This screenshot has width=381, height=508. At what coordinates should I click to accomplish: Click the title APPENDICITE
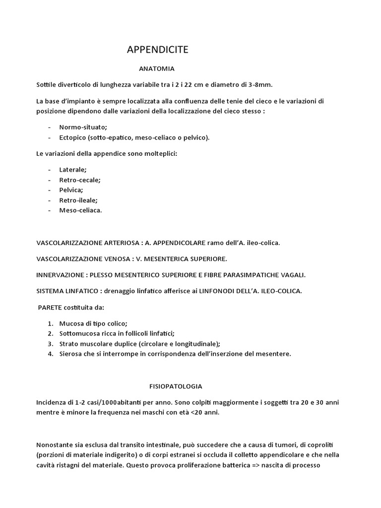click(157, 50)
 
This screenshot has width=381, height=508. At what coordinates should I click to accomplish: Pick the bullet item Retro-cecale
click(79, 180)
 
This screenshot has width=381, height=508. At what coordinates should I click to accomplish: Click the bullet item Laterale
click(72, 169)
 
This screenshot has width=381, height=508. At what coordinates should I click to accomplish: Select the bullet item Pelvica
click(71, 190)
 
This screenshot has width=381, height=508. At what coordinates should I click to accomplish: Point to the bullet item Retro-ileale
click(78, 200)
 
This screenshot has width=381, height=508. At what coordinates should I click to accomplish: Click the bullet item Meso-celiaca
click(80, 210)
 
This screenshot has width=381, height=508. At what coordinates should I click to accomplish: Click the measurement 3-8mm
click(261, 85)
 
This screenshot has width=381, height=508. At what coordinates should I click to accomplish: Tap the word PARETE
click(49, 308)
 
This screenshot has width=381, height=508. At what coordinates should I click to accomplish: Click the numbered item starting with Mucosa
click(93, 323)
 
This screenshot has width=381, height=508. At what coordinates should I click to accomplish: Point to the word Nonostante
click(55, 444)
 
